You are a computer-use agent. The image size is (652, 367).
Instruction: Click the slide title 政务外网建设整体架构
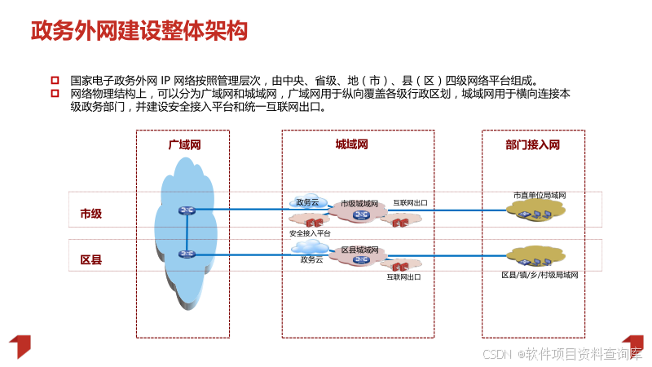tap(139, 31)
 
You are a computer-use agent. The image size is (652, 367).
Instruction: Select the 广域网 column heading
tap(184, 145)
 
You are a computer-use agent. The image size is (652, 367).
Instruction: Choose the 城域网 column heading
tap(352, 144)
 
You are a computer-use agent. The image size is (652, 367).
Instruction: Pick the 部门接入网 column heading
tap(532, 145)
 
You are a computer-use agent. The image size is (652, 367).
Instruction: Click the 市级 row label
tap(90, 214)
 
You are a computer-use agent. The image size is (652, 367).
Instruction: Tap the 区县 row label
tap(90, 261)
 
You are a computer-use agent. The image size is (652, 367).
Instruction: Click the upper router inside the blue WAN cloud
tap(187, 210)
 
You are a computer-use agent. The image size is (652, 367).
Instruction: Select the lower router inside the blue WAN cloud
tap(187, 254)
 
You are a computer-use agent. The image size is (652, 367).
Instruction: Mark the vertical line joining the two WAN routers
tap(187, 232)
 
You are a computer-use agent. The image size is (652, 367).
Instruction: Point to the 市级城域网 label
tap(359, 203)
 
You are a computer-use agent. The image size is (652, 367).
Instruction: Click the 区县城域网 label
tap(359, 250)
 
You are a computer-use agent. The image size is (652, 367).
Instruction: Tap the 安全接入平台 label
tap(311, 233)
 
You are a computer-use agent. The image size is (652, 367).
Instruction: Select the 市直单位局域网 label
tap(540, 196)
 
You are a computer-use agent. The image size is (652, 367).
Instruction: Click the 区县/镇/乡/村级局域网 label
tap(540, 276)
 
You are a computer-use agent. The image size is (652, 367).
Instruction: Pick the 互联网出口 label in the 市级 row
tap(411, 203)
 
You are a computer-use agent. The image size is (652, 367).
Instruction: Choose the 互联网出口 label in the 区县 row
tap(403, 277)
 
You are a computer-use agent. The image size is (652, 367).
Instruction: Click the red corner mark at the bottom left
tap(19, 346)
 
